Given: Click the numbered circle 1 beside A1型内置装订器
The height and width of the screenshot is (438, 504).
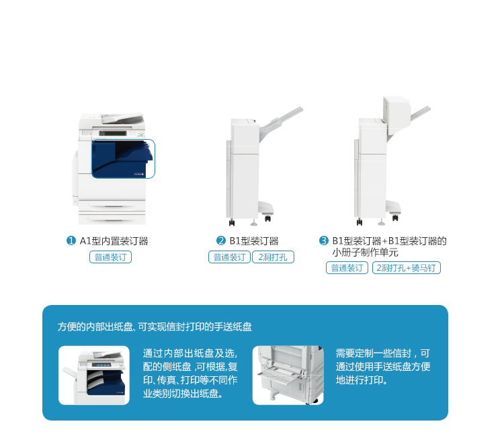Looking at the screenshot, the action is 71,240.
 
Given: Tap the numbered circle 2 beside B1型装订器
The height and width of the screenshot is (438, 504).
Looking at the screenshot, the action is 221,240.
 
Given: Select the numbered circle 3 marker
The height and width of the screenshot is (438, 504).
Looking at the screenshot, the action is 324,240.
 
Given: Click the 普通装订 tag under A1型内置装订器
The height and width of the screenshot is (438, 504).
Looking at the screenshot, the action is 110,257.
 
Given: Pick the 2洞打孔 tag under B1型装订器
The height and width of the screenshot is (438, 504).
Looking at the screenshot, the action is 273,257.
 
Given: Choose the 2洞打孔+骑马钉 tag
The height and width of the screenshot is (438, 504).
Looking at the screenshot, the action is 407,267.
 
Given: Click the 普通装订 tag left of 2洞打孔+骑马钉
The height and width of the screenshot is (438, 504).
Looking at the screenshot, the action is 347,267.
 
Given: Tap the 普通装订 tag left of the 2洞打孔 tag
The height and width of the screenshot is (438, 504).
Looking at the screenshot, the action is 229,257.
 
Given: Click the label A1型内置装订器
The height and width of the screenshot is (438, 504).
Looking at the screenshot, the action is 114,240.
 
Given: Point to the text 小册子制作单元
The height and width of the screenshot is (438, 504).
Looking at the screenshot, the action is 366,253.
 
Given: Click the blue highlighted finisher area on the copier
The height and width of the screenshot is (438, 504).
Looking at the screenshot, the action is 123,159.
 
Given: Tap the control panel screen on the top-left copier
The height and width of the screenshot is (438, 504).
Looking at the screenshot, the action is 112,133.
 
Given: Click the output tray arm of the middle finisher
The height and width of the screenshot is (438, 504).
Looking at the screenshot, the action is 282,123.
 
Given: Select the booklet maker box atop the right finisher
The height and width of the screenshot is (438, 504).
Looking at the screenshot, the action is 396,115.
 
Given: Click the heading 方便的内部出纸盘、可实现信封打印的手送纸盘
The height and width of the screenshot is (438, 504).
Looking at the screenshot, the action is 155,326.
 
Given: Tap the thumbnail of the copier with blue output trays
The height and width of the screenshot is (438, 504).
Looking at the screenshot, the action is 94,376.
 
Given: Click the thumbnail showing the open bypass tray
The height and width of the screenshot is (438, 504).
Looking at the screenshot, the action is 288,376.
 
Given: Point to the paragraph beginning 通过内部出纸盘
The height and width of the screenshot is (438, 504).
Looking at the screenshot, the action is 190,374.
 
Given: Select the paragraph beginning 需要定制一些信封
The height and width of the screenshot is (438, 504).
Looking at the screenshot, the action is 383,367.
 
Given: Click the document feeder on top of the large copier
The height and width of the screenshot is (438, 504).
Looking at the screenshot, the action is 122,118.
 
